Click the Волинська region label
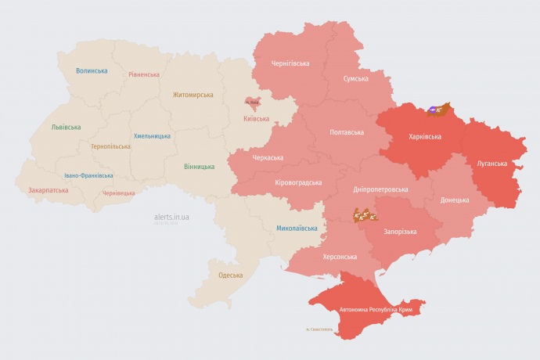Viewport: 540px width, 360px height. [92, 70]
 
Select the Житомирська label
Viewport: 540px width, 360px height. [193, 95]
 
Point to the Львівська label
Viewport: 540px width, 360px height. [65, 126]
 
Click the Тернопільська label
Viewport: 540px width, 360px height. [111, 146]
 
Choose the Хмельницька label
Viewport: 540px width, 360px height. [152, 135]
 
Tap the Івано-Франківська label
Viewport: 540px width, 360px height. [88, 175]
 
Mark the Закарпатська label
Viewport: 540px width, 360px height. [48, 189]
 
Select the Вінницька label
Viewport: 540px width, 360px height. [199, 167]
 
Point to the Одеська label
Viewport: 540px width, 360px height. [230, 275]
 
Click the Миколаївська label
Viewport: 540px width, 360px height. [297, 229]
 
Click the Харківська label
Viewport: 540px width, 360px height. [425, 136]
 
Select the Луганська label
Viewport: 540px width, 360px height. [492, 164]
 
